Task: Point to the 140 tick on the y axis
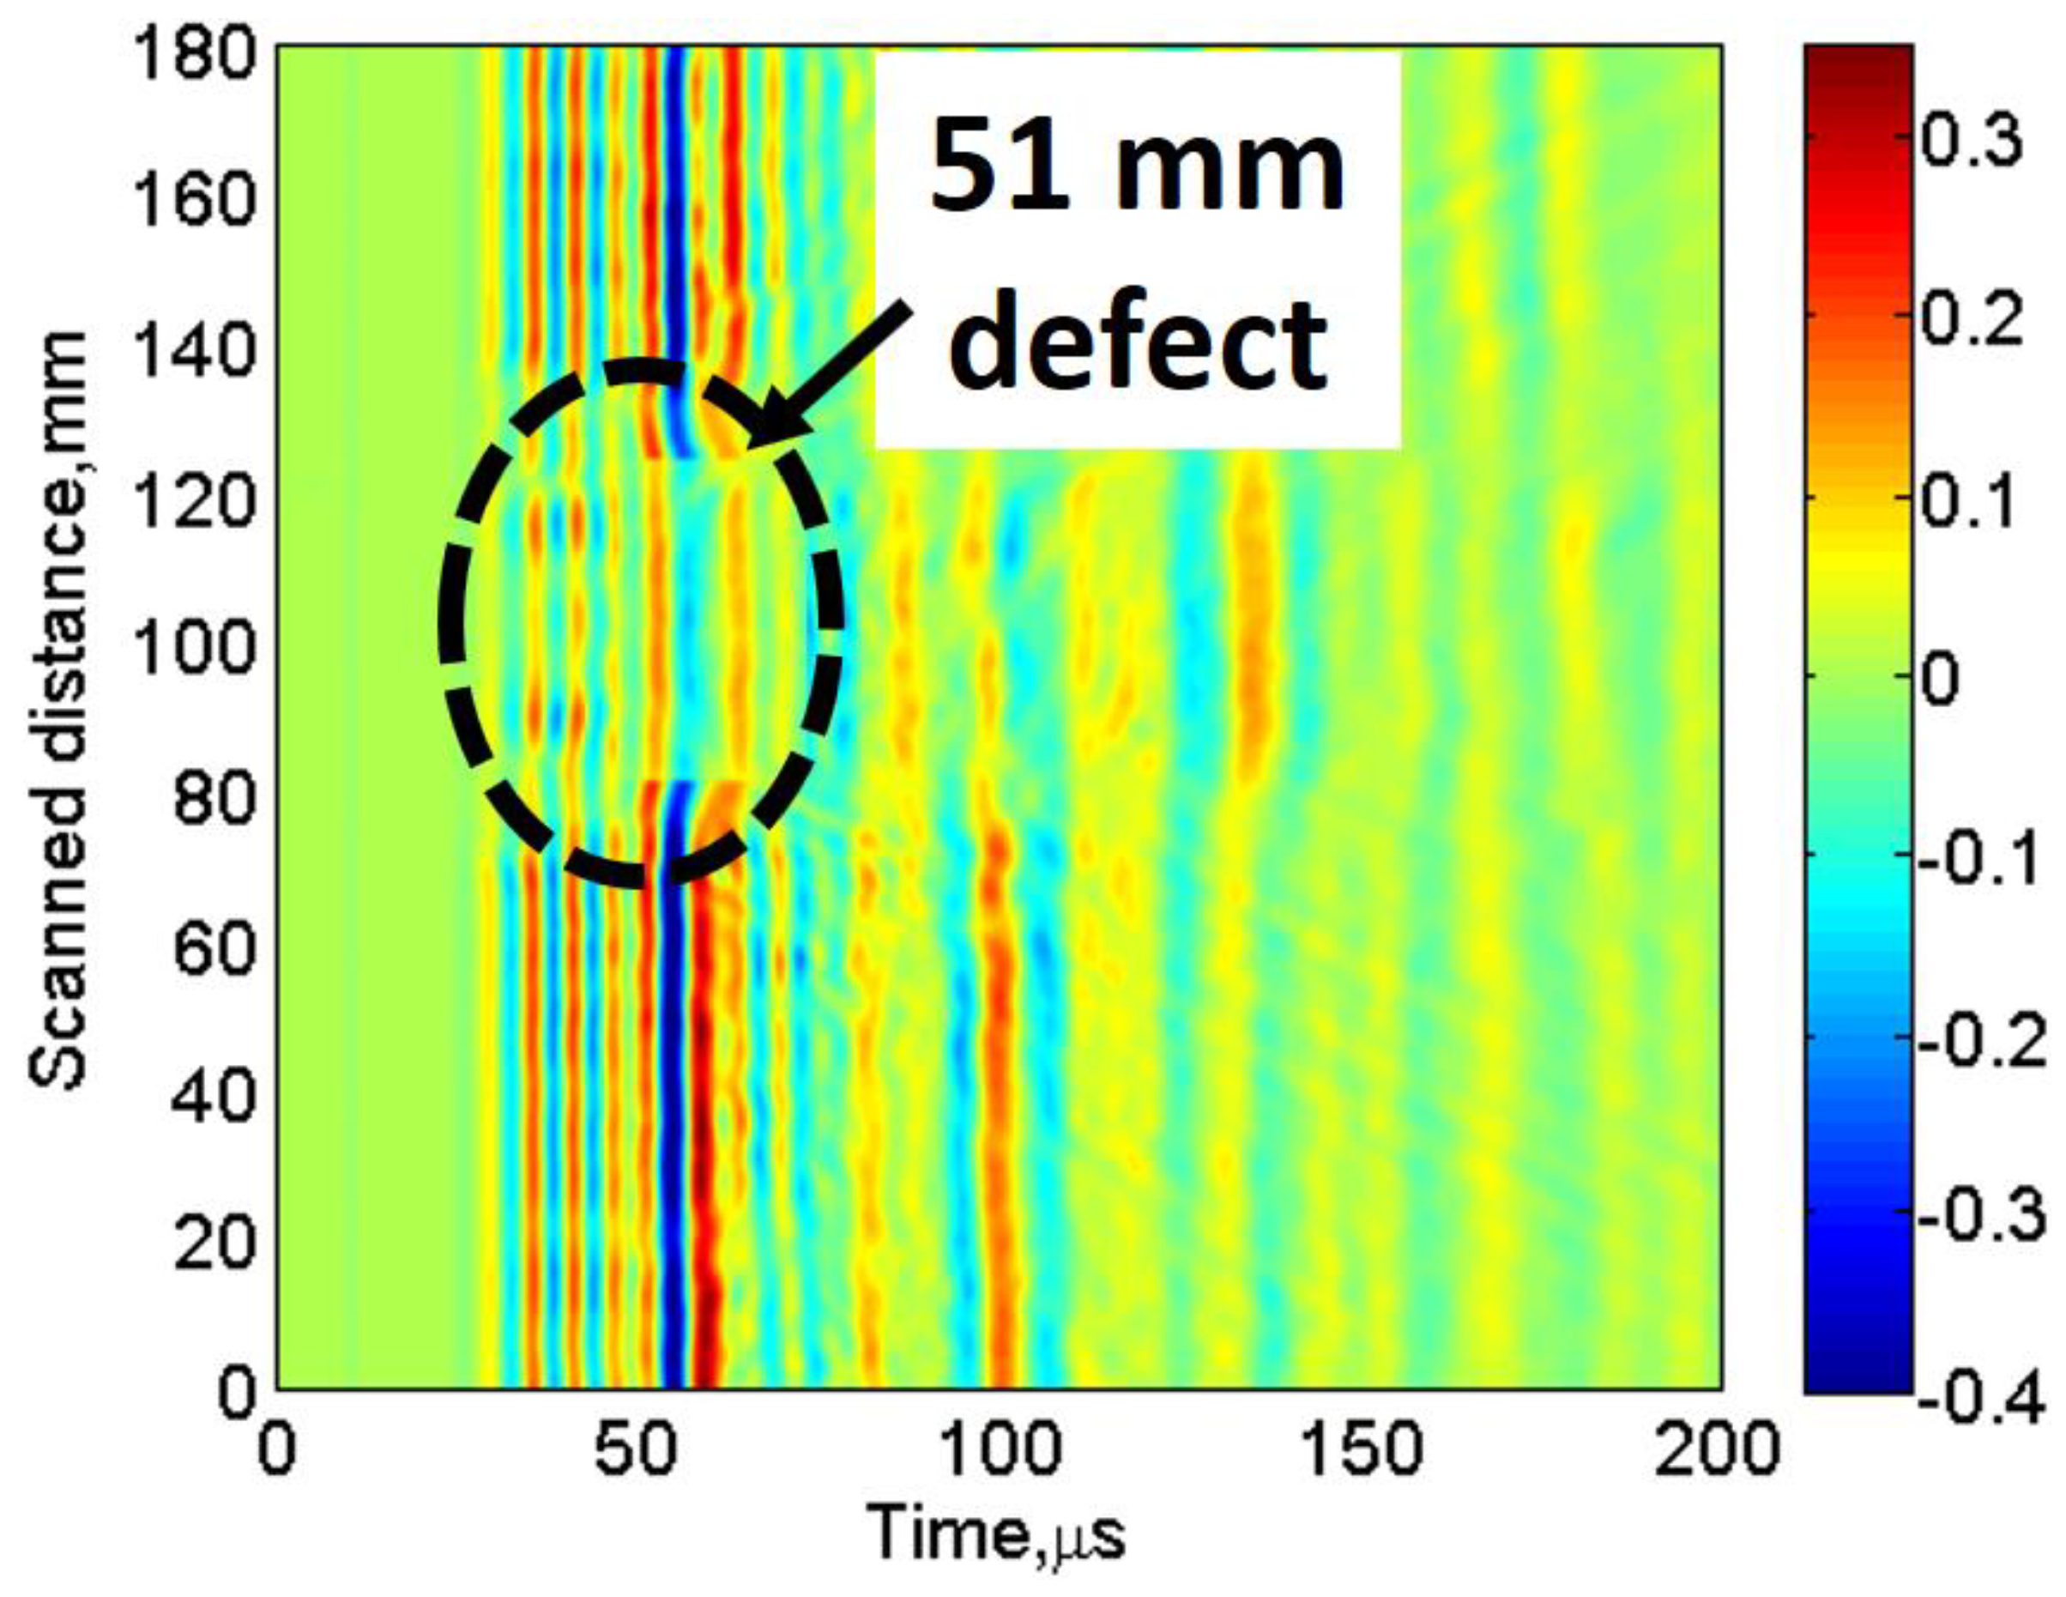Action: pyautogui.click(x=195, y=353)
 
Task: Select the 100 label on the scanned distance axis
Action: pyautogui.click(x=195, y=651)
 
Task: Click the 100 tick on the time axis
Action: pyautogui.click(x=999, y=1449)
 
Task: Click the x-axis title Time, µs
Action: pyautogui.click(x=997, y=1534)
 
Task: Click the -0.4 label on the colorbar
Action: pyautogui.click(x=1977, y=1400)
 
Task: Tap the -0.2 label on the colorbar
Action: pyautogui.click(x=1977, y=1041)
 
